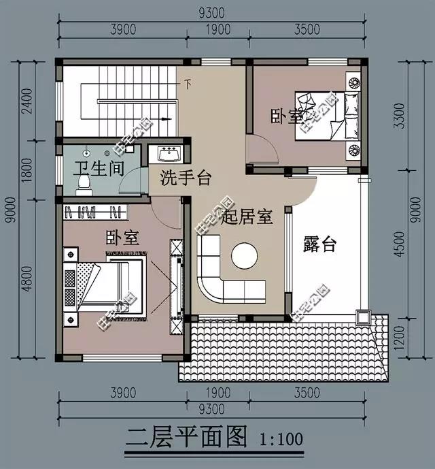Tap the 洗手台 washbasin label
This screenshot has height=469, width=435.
click(186, 179)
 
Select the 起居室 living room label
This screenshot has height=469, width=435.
click(247, 217)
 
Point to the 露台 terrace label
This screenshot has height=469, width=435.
click(319, 244)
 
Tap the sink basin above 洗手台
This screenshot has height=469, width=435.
click(167, 151)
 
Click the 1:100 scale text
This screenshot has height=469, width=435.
click(281, 439)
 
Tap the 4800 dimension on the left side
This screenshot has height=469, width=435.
click(27, 278)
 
